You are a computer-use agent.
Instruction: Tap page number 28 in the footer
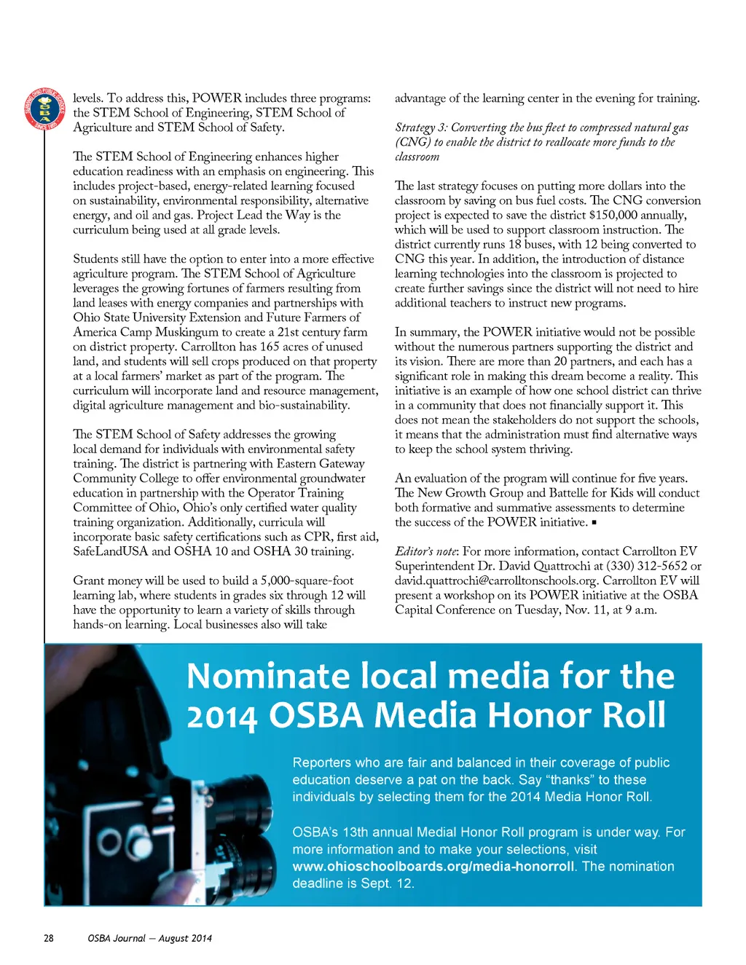pyautogui.click(x=49, y=938)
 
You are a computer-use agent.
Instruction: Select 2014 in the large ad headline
pyautogui.click(x=222, y=717)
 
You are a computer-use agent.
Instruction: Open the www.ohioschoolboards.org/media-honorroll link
pyautogui.click(x=433, y=867)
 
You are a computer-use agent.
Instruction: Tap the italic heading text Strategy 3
pyautogui.click(x=421, y=127)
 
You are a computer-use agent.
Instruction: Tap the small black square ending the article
pyautogui.click(x=594, y=523)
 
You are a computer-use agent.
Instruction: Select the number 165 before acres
pyautogui.click(x=270, y=347)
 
